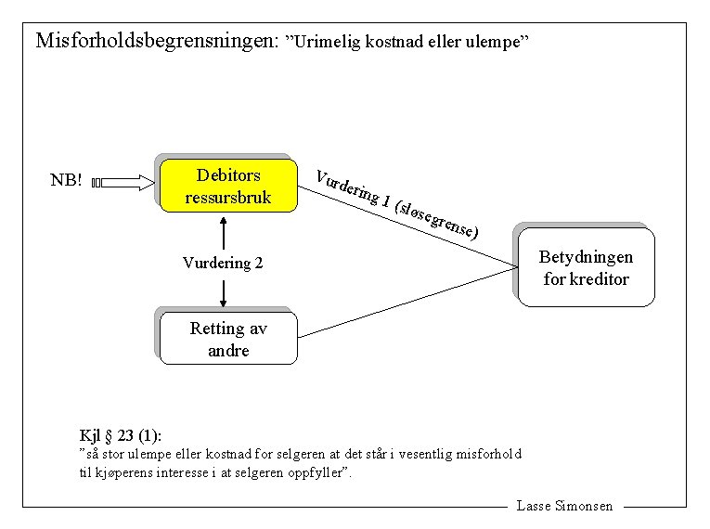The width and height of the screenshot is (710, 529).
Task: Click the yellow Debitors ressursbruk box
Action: point(228,186)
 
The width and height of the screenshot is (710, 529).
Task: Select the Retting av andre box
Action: point(228,339)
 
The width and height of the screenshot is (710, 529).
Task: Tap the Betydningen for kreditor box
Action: point(586,268)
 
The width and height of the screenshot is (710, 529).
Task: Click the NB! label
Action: point(66,180)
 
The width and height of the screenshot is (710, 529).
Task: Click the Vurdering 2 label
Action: point(223,264)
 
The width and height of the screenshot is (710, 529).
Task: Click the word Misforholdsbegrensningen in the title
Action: point(157,42)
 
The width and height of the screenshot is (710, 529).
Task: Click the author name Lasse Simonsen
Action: point(564,506)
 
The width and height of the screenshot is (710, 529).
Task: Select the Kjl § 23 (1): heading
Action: point(121,434)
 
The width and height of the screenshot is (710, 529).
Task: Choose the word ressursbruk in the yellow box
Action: point(228,197)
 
